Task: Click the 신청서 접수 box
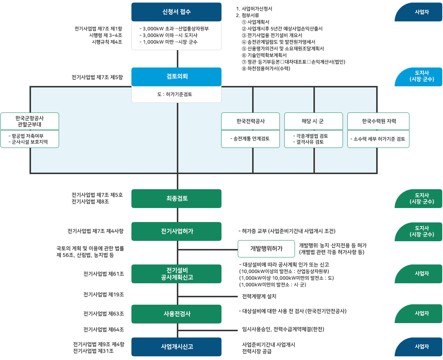tap(176, 12)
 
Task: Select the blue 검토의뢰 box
tap(176, 77)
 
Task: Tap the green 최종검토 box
tap(176, 198)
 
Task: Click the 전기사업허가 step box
tap(176, 231)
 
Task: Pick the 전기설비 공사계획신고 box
tap(176, 273)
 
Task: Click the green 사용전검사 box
tap(176, 314)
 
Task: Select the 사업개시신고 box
tap(176, 347)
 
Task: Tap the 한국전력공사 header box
tap(250, 121)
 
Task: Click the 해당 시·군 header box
tap(313, 121)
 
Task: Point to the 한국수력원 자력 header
tap(378, 121)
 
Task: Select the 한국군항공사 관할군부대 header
tap(30, 121)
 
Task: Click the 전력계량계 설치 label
tap(259, 297)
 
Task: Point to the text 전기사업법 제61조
tap(104, 274)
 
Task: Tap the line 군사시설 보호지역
tap(30, 142)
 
